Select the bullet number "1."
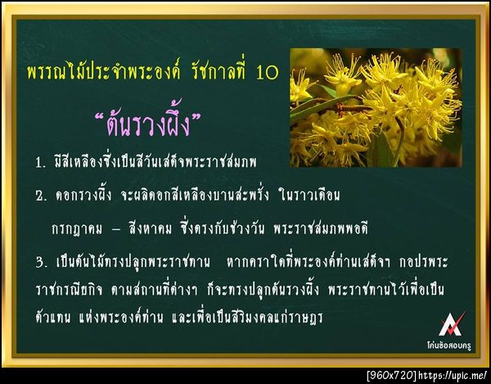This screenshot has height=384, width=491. click(x=40, y=160)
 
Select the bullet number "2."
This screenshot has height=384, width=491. click(x=41, y=197)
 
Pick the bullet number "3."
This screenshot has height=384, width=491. click(x=41, y=263)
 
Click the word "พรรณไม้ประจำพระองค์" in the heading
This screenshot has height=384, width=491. click(x=107, y=72)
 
